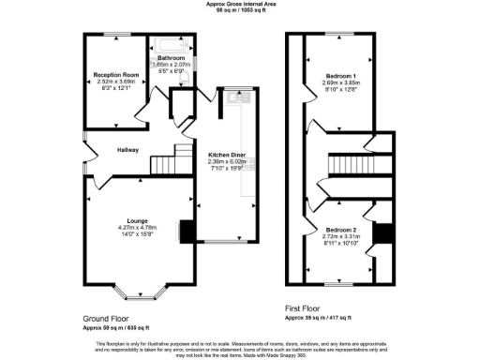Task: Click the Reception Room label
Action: tap(117, 73)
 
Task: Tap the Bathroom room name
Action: tap(171, 56)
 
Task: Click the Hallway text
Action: tap(127, 149)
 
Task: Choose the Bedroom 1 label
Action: tap(342, 74)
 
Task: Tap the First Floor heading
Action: tap(306, 307)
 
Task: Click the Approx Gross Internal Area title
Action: tap(239, 4)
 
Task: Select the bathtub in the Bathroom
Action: tap(172, 44)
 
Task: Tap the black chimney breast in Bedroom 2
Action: tap(379, 234)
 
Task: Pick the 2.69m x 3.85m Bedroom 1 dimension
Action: tap(342, 82)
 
